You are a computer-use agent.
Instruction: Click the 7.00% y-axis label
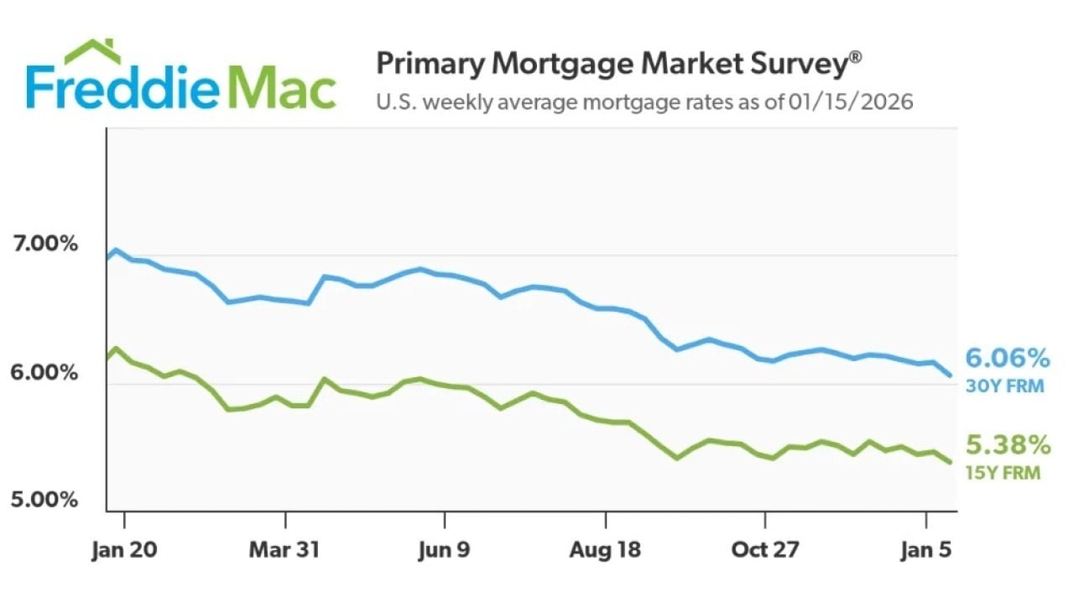coord(45,244)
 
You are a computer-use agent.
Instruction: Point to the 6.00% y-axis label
coord(45,372)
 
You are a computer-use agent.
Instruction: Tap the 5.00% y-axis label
coord(45,500)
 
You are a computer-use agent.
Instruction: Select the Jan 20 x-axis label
coord(124,550)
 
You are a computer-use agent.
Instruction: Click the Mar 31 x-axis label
coord(285,550)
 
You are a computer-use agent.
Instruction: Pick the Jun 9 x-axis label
coord(445,550)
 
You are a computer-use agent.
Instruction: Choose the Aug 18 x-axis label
coord(605,550)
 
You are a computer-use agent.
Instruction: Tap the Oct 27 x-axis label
coord(765,550)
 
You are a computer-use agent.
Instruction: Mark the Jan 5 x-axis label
coord(925,550)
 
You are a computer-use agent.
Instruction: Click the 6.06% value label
coord(1007,359)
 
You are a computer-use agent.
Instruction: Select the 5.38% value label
coord(1007,444)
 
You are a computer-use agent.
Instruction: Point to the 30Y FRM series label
coord(1004,387)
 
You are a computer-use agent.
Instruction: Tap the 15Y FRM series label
coord(1002,473)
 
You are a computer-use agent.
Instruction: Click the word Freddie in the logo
coord(122,88)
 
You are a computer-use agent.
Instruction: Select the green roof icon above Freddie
coord(92,50)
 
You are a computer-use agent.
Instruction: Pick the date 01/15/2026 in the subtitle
coord(850,102)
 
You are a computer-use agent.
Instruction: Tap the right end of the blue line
coord(950,376)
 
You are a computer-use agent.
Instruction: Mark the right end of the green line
coord(950,462)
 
